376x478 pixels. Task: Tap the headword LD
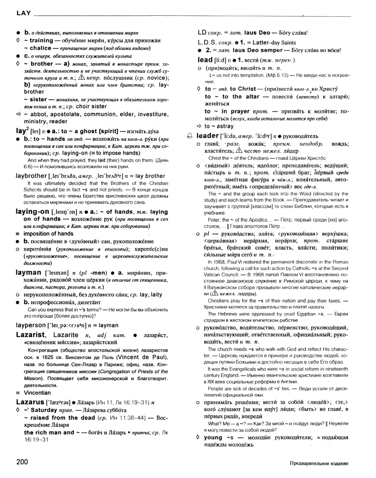pos(203,32)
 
